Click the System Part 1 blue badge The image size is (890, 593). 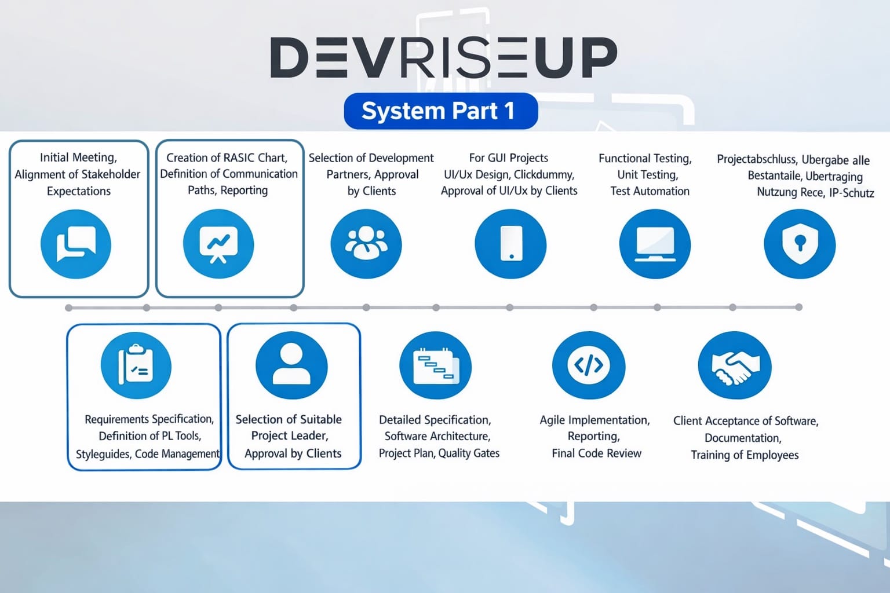440,111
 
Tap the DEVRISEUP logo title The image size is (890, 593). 443,58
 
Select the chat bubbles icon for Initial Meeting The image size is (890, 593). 76,244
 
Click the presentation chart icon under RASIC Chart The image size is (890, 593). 218,244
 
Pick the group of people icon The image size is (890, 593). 366,244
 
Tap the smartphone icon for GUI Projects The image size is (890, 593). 510,244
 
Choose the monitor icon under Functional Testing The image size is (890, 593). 655,244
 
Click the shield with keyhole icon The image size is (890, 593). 800,244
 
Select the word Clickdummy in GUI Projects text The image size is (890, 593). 544,174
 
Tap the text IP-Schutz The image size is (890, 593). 851,193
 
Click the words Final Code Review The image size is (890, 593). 596,453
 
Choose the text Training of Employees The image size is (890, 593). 745,455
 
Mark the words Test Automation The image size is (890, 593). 650,191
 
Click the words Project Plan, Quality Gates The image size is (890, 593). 439,453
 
